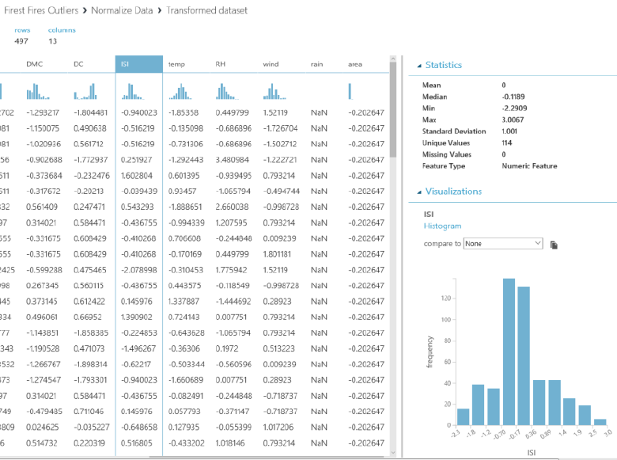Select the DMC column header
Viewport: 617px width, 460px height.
34,64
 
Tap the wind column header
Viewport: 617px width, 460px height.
271,64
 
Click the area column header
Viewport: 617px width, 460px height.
355,64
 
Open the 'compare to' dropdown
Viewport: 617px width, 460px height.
502,244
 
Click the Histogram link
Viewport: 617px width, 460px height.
442,226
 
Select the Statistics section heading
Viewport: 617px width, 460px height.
443,65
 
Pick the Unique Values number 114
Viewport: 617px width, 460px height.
508,143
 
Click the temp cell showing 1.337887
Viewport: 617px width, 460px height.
184,302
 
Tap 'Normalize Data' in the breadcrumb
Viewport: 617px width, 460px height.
123,11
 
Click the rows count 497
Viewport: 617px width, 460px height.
21,41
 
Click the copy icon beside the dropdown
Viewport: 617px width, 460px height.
555,245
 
